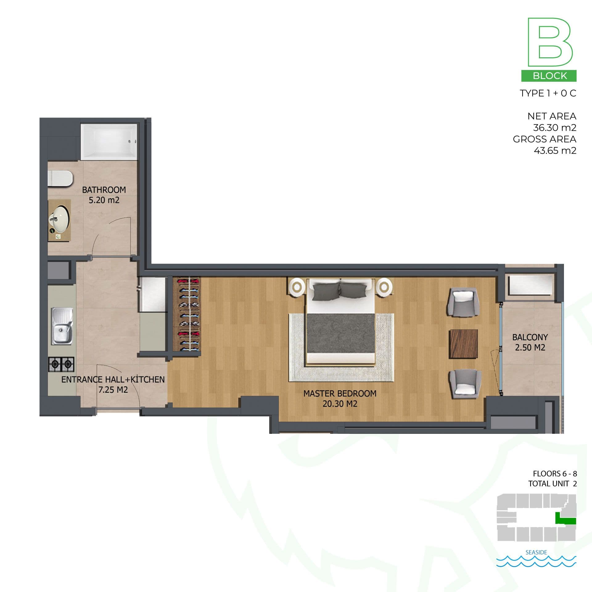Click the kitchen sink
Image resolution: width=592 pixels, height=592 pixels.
pyautogui.click(x=62, y=326)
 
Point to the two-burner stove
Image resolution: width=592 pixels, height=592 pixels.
pyautogui.click(x=61, y=364)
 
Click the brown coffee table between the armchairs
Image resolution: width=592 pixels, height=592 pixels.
pyautogui.click(x=463, y=344)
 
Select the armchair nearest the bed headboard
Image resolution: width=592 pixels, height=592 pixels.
pyautogui.click(x=463, y=302)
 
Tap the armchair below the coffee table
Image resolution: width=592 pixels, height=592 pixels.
pyautogui.click(x=465, y=384)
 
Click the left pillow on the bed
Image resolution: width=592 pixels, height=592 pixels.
pyautogui.click(x=326, y=291)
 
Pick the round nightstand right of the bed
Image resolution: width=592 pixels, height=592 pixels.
pyautogui.click(x=384, y=287)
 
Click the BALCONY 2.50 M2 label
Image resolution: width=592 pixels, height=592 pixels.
pyautogui.click(x=530, y=342)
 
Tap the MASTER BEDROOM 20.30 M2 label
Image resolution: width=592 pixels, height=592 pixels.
pyautogui.click(x=340, y=398)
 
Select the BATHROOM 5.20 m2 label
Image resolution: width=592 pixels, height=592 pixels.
pyautogui.click(x=104, y=195)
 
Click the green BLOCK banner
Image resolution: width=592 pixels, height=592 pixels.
pyautogui.click(x=549, y=76)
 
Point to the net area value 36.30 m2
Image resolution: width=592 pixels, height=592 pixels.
pyautogui.click(x=554, y=128)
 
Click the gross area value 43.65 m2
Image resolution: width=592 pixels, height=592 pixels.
pyautogui.click(x=555, y=150)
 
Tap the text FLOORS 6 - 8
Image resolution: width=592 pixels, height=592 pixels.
pyautogui.click(x=555, y=474)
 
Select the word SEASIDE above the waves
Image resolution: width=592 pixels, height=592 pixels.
pyautogui.click(x=536, y=552)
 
